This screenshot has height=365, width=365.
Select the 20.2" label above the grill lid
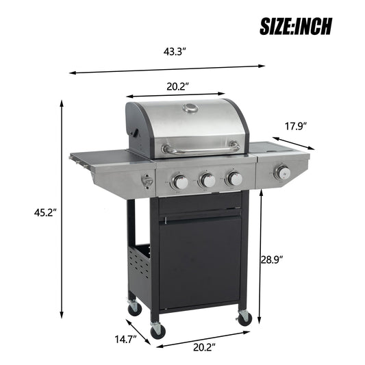point(177,86)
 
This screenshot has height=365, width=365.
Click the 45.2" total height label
point(45,213)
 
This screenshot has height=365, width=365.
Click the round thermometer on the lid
point(190,108)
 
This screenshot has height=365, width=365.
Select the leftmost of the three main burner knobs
point(179,181)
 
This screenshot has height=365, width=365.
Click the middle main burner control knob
point(207,180)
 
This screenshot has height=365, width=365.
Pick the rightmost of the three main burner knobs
point(234,179)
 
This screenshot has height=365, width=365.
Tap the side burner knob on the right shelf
point(281,171)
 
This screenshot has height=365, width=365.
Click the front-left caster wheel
point(158,331)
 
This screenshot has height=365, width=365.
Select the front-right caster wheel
point(244,318)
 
